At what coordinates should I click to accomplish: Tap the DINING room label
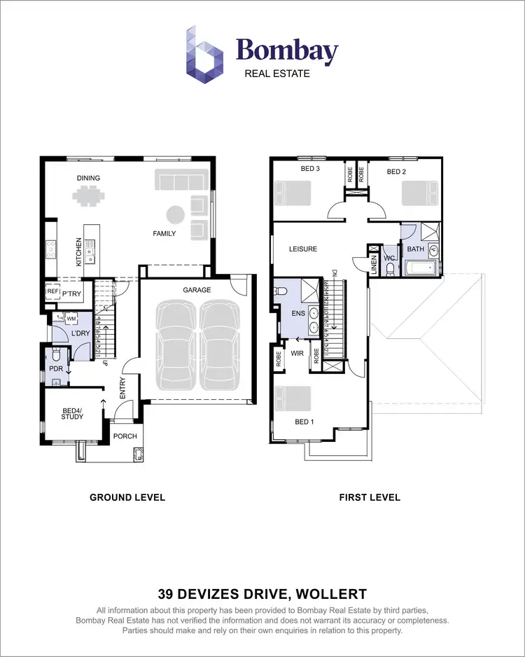tap(88, 178)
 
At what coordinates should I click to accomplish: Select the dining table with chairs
tap(89, 197)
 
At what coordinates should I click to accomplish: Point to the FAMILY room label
tap(164, 233)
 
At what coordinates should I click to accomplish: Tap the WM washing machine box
tap(71, 319)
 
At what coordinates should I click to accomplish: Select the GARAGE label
tap(197, 289)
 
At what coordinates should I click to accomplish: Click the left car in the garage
tap(177, 346)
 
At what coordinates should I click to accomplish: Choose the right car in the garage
tap(221, 346)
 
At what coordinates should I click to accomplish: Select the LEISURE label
tap(303, 249)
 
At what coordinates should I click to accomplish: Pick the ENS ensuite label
tap(297, 313)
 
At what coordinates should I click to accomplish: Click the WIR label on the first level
tap(297, 353)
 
